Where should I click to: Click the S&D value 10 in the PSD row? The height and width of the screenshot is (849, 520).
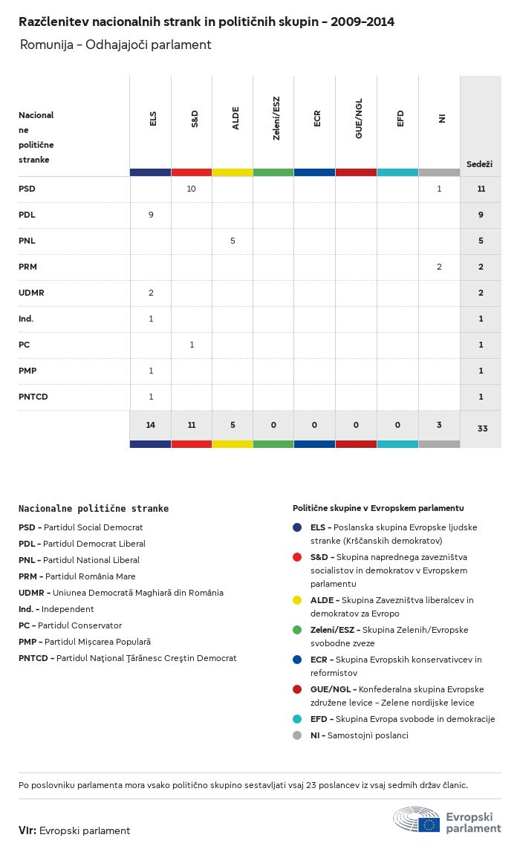191,189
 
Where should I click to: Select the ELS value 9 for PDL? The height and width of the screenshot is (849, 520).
151,215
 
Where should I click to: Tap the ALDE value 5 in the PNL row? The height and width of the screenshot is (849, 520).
233,241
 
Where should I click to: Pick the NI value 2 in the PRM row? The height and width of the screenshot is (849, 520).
439,267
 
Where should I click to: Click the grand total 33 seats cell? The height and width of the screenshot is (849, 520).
482,429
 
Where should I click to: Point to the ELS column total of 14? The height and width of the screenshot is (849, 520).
151,425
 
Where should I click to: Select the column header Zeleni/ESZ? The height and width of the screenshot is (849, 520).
276,118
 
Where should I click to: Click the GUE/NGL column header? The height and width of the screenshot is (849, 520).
359,119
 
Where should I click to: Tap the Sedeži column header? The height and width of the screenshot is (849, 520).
479,164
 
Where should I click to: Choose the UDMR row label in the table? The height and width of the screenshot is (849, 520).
31,293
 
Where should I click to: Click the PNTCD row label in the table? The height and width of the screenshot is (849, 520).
33,397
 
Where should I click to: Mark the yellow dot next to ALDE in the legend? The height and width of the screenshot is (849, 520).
297,600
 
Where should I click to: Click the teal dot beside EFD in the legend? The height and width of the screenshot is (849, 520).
297,719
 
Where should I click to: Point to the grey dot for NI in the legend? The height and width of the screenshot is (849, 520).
297,735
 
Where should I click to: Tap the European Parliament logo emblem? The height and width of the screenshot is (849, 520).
417,819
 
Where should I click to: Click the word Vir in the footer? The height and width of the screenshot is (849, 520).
27,830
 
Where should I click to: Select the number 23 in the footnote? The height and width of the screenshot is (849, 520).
311,785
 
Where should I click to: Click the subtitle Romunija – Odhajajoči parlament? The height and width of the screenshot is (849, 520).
115,45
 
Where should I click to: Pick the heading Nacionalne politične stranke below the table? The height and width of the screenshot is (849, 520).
94,508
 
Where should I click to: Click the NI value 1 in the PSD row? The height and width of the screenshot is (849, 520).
439,189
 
